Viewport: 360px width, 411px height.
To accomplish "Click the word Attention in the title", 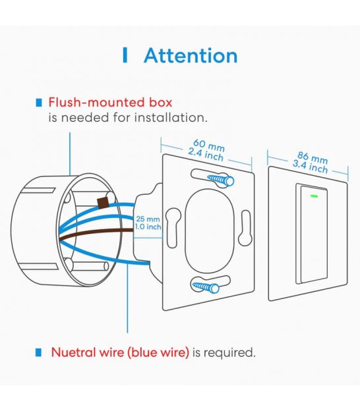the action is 191,55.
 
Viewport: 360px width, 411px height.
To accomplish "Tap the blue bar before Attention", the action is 125,55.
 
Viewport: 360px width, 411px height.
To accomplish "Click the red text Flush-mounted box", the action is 110,102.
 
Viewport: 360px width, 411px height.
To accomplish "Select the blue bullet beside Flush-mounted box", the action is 39,103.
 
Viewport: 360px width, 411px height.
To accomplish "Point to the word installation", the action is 171,117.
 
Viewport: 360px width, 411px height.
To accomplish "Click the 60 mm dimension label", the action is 209,146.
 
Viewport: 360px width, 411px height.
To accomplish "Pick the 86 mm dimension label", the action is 313,158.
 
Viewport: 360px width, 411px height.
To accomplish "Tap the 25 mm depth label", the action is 148,219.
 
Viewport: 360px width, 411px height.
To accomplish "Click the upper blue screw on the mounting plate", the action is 221,180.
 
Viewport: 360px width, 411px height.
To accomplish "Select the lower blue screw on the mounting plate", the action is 206,287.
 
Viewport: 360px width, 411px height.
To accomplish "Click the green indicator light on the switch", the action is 314,196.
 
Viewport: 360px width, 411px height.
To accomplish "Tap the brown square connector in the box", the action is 103,203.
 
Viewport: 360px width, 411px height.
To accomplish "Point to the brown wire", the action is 96,233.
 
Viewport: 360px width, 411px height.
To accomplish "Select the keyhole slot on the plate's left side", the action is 173,227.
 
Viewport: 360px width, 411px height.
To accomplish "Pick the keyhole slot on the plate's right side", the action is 245,227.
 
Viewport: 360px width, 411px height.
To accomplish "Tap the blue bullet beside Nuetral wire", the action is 38,352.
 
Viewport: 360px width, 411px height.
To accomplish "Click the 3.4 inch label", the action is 310,167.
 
